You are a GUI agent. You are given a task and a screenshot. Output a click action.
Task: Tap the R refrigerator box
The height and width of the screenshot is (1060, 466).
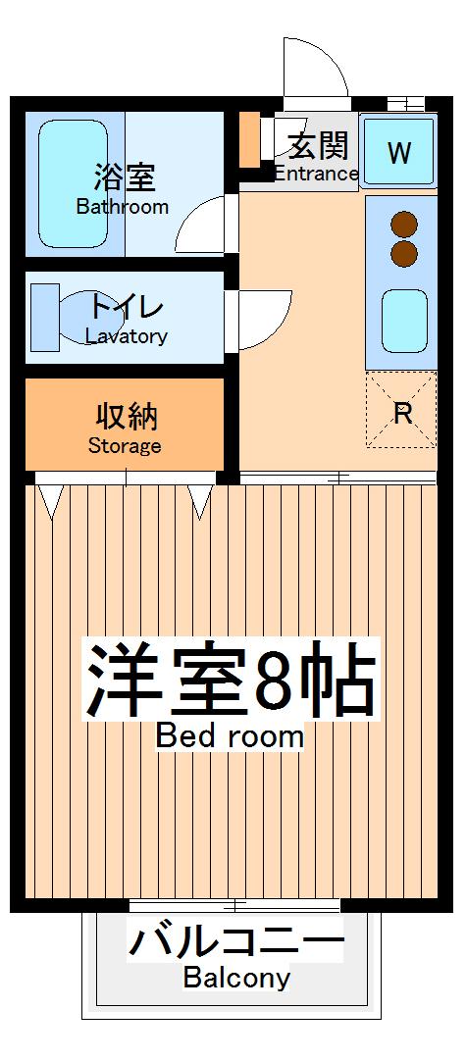pyautogui.click(x=401, y=411)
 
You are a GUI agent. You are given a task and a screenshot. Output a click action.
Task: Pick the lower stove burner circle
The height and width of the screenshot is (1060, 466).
pyautogui.click(x=403, y=254)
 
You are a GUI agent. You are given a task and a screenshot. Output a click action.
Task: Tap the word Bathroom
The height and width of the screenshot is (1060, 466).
pyautogui.click(x=123, y=207)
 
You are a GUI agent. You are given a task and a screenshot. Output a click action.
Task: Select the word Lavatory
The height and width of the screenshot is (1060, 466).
pyautogui.click(x=126, y=336)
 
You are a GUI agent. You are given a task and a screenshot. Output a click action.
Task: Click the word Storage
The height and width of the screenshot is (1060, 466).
pyautogui.click(x=125, y=446)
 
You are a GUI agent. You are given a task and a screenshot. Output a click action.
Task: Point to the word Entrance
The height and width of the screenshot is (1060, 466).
pyautogui.click(x=316, y=174)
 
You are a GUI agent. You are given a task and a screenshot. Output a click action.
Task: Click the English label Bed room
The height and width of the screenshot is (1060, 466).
pyautogui.click(x=230, y=735)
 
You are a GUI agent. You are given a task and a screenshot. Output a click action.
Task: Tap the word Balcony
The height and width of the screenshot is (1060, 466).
pyautogui.click(x=236, y=978)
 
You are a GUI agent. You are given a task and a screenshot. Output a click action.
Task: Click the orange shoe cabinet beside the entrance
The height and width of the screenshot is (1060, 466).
pyautogui.click(x=249, y=140)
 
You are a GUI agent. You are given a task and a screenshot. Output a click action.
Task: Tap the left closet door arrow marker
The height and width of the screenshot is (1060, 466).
pyautogui.click(x=51, y=500)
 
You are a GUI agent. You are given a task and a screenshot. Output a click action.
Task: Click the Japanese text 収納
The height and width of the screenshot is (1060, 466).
pyautogui.click(x=125, y=418)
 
